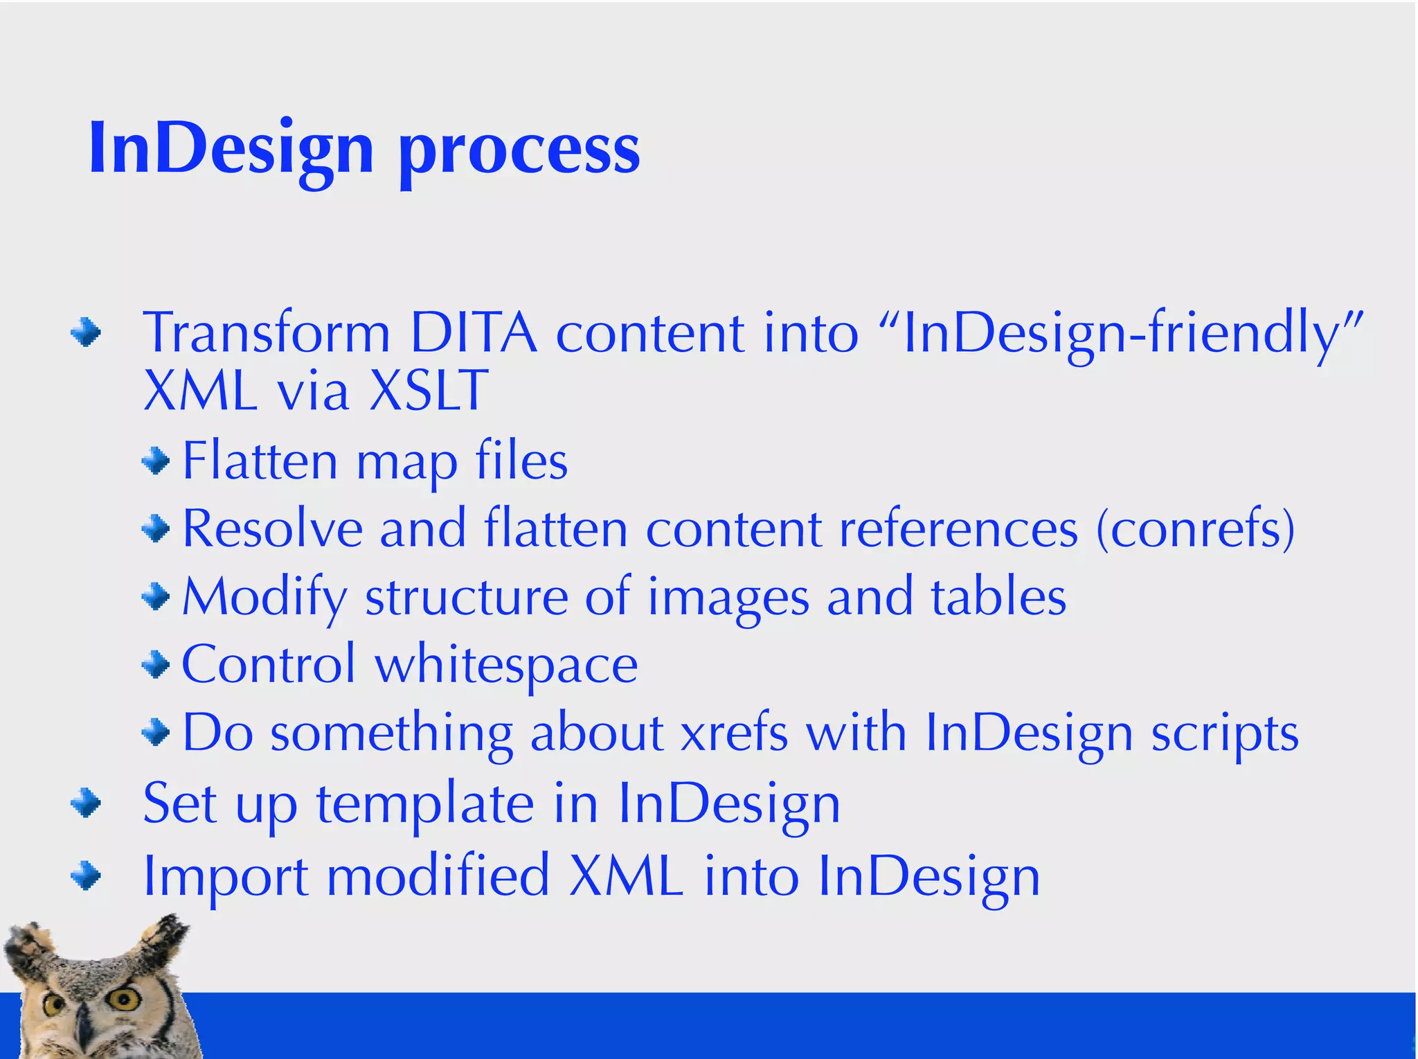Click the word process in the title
coord(519,152)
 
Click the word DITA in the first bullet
coord(473,334)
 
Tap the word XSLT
coord(429,391)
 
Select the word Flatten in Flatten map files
coord(260,461)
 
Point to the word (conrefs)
coord(1195,529)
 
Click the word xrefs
coord(735,733)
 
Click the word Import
coord(226,877)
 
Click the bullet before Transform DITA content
coord(86,333)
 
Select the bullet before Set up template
coord(86,803)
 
